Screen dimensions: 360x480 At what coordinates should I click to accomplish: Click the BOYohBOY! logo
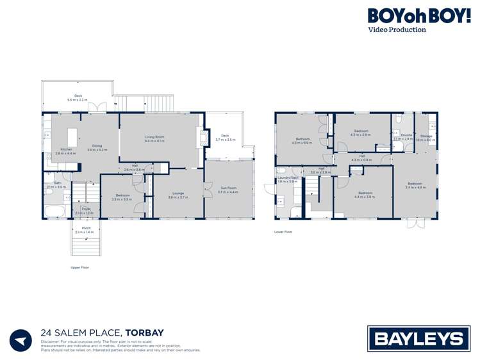point(418,17)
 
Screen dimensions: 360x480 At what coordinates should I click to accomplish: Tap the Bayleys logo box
point(418,338)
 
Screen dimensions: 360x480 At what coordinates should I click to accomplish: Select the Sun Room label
point(228,190)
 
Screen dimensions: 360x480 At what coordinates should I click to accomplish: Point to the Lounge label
point(178,195)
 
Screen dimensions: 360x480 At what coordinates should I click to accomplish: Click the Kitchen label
point(65,151)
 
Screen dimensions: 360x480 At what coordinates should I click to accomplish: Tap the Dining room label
point(97,147)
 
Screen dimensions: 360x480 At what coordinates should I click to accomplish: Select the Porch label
point(86,229)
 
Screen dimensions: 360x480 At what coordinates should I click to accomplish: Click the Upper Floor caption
point(79,267)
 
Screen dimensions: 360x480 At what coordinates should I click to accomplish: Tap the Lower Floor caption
point(283,232)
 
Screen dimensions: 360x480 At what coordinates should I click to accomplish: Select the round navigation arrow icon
point(20,340)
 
